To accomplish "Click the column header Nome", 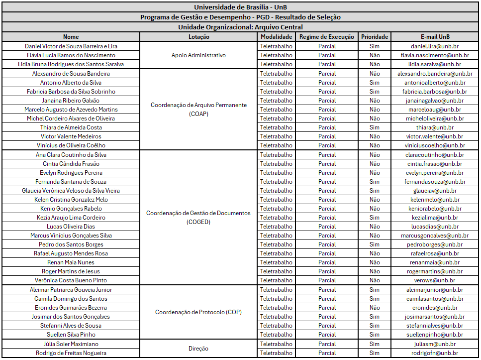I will click(71, 37).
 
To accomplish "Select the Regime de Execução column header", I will click(327, 37).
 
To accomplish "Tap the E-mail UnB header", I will click(435, 37).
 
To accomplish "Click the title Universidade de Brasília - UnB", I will click(240, 7).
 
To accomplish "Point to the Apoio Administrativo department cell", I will click(198, 55).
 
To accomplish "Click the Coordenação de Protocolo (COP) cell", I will click(198, 312).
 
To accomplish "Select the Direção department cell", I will click(198, 349).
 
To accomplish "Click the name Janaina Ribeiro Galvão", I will click(71, 101).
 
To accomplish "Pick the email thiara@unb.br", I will click(435, 127).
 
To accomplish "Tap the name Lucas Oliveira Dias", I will click(71, 227).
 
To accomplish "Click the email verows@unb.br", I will click(435, 280).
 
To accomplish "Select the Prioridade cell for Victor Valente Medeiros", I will click(375, 136).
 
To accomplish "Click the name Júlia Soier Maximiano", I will click(71, 344).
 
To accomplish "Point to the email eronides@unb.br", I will click(435, 308).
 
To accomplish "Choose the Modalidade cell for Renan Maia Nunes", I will click(276, 262).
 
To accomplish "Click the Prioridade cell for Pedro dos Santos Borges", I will click(375, 244).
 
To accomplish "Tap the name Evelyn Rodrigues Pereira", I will click(71, 173).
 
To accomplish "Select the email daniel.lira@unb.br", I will click(435, 46).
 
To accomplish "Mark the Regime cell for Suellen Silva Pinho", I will click(327, 335).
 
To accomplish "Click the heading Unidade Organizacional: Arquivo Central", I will click(240, 27).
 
